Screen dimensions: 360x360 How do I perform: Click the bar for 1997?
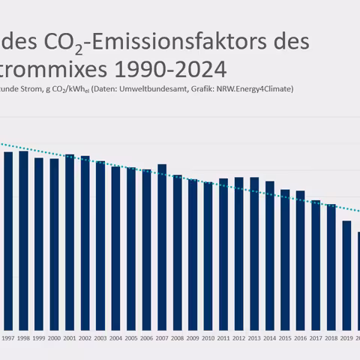tap(7, 240)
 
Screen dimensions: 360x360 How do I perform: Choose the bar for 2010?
tap(208, 256)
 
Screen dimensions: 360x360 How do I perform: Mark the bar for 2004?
tap(115, 247)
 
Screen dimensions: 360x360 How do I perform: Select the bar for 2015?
tap(285, 259)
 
